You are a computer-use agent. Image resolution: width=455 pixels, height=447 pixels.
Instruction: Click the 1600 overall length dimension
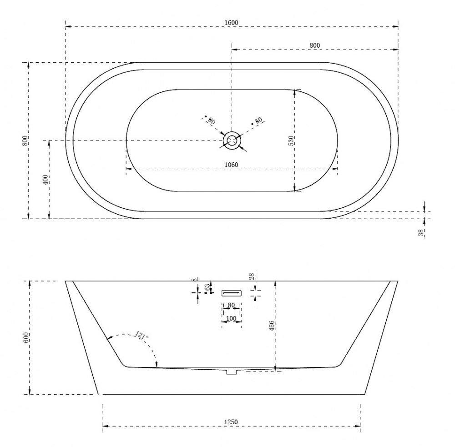[231, 23]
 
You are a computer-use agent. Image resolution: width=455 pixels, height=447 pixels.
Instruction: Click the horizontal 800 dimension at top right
[314, 45]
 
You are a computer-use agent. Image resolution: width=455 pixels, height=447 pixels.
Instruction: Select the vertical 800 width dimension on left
[25, 141]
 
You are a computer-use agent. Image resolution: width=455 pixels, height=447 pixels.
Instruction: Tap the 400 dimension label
[45, 179]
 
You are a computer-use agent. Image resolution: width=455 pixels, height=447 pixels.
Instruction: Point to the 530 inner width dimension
[291, 141]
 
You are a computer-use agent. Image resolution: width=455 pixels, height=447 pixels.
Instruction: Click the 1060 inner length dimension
[231, 165]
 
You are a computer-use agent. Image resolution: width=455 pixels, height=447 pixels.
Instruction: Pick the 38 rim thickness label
[421, 232]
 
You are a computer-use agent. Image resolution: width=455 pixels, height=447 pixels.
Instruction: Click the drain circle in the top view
[232, 141]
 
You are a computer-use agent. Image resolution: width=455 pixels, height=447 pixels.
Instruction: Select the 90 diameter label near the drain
[211, 121]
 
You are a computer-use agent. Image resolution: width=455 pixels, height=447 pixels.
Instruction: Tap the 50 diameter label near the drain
[258, 121]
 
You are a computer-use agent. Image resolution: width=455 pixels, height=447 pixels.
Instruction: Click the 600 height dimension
[26, 337]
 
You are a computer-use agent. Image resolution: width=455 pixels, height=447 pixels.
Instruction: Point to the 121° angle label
[142, 336]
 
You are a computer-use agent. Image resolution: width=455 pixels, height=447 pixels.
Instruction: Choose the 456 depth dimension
[272, 325]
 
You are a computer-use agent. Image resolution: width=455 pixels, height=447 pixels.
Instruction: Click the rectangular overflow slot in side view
[231, 293]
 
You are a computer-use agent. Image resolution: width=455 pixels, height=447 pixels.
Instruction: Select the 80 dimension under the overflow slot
[231, 305]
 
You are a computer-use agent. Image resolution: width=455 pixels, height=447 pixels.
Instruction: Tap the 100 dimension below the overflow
[231, 318]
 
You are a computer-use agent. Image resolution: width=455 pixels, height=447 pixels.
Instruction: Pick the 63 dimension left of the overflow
[207, 287]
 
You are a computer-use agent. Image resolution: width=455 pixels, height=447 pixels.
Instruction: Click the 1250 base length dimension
[231, 422]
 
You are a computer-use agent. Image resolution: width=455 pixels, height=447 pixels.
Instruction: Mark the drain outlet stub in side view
[232, 372]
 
